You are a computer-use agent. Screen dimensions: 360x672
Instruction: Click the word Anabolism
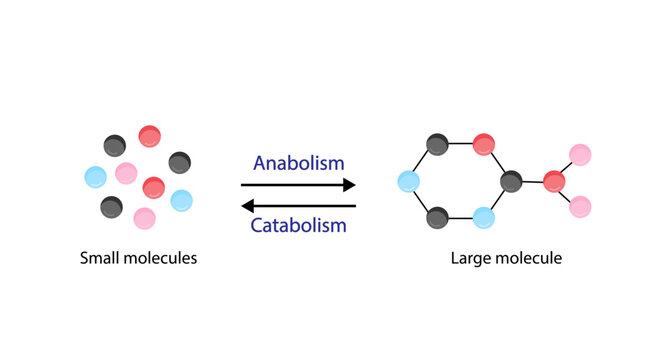[298, 162]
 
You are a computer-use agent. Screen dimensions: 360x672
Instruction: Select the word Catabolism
[298, 228]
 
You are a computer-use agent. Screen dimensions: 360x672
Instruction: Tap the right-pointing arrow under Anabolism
[298, 185]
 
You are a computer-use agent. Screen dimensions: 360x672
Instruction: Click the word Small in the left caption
[102, 259]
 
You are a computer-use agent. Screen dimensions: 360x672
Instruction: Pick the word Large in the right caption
[471, 259]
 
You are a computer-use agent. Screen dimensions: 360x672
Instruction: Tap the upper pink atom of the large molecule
[580, 155]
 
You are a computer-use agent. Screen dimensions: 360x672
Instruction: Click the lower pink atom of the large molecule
[580, 207]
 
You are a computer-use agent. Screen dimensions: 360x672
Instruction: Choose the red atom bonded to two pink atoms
[555, 181]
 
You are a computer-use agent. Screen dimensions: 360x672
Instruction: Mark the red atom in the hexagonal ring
[484, 144]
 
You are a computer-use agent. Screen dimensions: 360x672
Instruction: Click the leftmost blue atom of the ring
[408, 181]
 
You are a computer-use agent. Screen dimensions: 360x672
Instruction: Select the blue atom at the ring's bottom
[484, 217]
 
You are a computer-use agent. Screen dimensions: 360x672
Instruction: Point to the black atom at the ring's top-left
[436, 144]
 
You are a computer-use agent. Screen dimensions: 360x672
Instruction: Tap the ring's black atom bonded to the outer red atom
[511, 181]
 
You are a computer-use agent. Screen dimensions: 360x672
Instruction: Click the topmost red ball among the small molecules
[150, 136]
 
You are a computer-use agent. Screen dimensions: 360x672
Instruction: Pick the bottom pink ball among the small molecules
[144, 217]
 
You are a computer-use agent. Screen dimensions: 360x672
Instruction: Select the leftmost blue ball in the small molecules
[96, 177]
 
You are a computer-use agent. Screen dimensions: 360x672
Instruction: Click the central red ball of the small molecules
[153, 186]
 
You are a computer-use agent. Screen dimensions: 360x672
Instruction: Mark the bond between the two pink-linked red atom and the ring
[533, 181]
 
